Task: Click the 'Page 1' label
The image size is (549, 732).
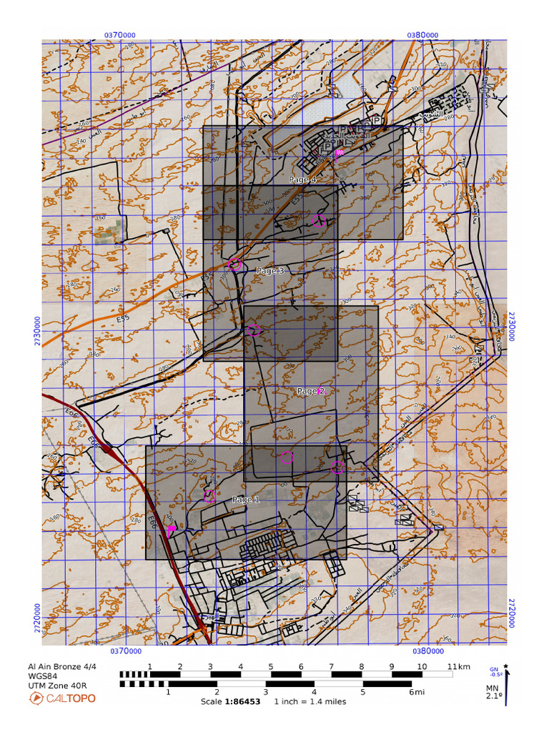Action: [x=247, y=500]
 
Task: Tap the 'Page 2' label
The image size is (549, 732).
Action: [x=311, y=391]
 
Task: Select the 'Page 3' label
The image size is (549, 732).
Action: [x=270, y=271]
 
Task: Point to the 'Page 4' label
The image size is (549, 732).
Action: [x=303, y=179]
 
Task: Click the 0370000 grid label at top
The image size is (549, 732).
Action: [x=121, y=34]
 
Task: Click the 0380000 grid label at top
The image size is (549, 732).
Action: [x=422, y=34]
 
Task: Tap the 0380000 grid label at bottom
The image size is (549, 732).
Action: [x=427, y=651]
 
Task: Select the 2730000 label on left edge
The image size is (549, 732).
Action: [x=36, y=331]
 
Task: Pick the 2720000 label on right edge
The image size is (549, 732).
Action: [x=511, y=613]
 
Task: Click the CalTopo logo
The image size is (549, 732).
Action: [x=61, y=698]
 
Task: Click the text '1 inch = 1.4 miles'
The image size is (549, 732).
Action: [x=310, y=701]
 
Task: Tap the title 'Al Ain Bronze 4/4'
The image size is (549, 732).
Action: [x=61, y=667]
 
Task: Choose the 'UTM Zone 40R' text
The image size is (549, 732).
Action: [x=58, y=686]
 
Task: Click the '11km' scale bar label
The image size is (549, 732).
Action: [x=459, y=667]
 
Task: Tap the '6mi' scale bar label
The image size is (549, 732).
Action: [x=416, y=692]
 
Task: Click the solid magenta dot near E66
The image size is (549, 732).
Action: [x=172, y=528]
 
